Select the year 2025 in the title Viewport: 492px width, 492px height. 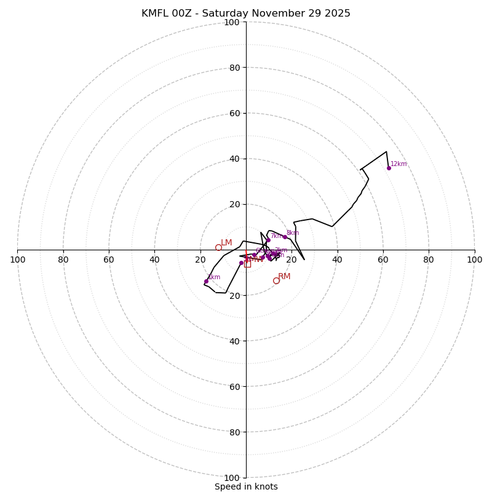(338, 14)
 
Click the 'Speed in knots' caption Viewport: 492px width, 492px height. (246, 486)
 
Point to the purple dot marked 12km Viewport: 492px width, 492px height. (389, 168)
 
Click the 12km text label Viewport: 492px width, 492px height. (399, 164)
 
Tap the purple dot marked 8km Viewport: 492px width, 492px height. (285, 237)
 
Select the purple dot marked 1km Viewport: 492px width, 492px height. (206, 281)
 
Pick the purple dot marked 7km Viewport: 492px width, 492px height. (268, 240)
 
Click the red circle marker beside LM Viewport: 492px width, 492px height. (218, 247)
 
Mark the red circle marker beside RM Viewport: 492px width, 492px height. (276, 280)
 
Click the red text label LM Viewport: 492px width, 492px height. (226, 243)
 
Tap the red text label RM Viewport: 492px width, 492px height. (284, 277)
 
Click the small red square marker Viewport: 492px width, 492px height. (247, 264)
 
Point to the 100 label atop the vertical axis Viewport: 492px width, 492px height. (232, 22)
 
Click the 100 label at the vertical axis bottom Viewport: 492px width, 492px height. (232, 478)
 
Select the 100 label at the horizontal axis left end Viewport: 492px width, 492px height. (18, 260)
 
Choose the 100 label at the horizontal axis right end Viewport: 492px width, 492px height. (474, 260)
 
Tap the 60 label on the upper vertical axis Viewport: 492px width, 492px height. (234, 113)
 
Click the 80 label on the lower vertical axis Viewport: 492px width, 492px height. (234, 432)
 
